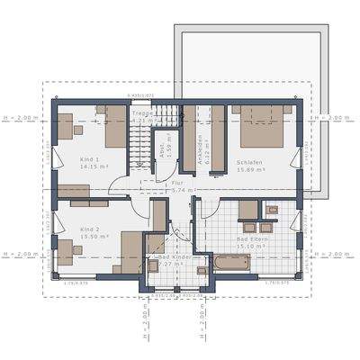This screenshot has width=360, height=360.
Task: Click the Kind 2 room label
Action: click(89, 229)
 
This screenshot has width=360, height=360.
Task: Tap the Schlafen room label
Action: click(249, 162)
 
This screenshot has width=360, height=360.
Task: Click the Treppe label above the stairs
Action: click(143, 113)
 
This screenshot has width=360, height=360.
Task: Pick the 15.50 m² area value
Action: click(94, 237)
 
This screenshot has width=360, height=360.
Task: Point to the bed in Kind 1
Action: click(115, 130)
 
